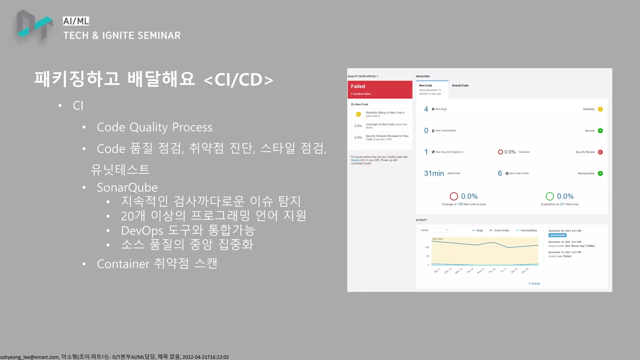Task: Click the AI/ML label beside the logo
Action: pyautogui.click(x=76, y=21)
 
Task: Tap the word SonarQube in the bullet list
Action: pyautogui.click(x=127, y=187)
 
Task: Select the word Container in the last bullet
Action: pyautogui.click(x=123, y=264)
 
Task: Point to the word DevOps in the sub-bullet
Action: pyautogui.click(x=142, y=231)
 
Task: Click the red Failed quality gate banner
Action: pyautogui.click(x=380, y=89)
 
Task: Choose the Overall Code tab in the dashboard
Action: pyautogui.click(x=460, y=86)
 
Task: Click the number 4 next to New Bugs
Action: pyautogui.click(x=426, y=109)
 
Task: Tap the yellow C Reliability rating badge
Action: pyautogui.click(x=600, y=109)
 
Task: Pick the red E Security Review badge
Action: pyautogui.click(x=600, y=152)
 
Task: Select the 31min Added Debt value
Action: pyautogui.click(x=434, y=173)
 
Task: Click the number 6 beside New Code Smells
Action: pyautogui.click(x=500, y=173)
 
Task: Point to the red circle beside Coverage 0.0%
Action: pyautogui.click(x=454, y=196)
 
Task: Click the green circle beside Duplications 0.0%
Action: pyautogui.click(x=550, y=196)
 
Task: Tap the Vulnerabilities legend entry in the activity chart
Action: pyautogui.click(x=528, y=231)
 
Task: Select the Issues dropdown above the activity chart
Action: pyautogui.click(x=434, y=230)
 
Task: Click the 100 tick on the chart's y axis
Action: pyautogui.click(x=427, y=247)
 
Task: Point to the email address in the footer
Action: pyautogui.click(x=29, y=357)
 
